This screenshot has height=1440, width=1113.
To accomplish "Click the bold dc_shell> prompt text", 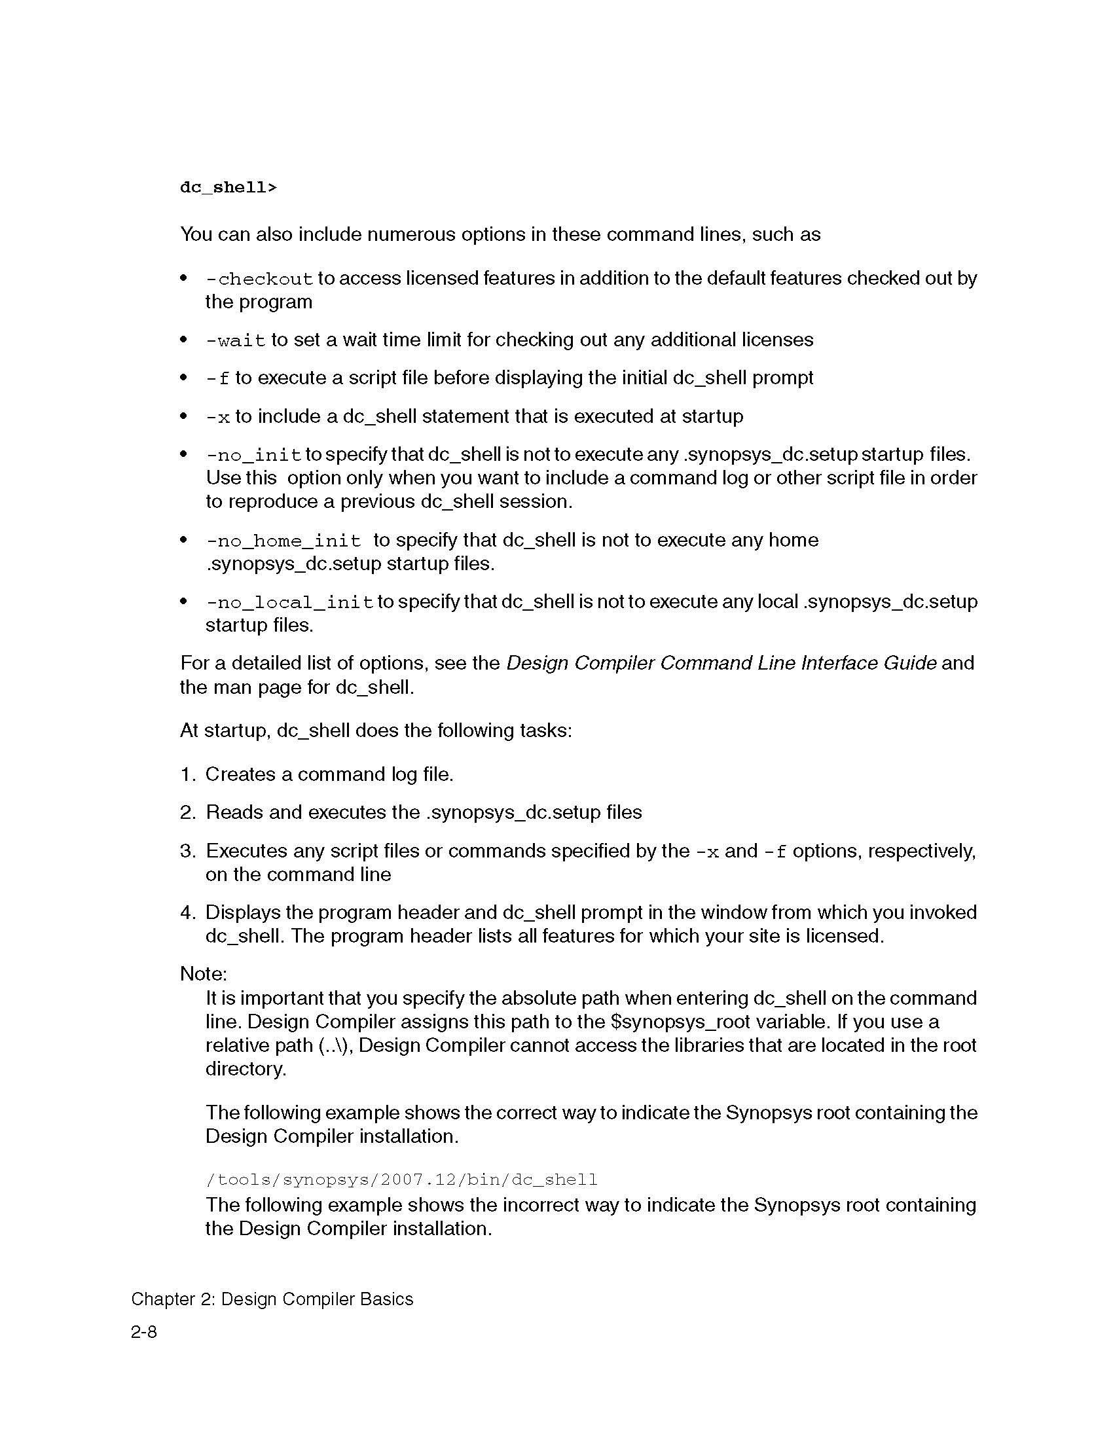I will coord(228,188).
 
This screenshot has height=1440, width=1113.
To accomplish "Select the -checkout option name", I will coord(259,279).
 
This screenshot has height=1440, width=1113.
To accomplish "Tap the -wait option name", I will coord(236,341).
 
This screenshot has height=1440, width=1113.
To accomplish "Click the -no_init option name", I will coord(253,456).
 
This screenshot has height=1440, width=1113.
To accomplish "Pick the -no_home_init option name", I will coord(283,541).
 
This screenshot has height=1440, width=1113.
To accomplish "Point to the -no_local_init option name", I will coord(289,603).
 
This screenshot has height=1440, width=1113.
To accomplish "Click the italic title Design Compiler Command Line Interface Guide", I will coord(721,663).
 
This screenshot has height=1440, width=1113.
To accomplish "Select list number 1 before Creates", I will coord(187,775).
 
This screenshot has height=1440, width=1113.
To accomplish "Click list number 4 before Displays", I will coord(187,913).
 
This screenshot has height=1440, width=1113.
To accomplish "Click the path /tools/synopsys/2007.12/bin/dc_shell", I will coord(401,1179).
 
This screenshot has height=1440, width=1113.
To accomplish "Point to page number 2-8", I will coord(144,1333).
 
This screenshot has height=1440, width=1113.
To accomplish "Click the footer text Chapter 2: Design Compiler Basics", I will coord(272,1299).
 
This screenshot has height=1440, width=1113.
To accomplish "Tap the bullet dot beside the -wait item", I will coord(184,340).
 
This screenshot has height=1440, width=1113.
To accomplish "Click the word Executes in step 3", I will coord(247,851).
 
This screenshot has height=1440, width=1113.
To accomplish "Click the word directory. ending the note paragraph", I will coord(246,1069).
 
